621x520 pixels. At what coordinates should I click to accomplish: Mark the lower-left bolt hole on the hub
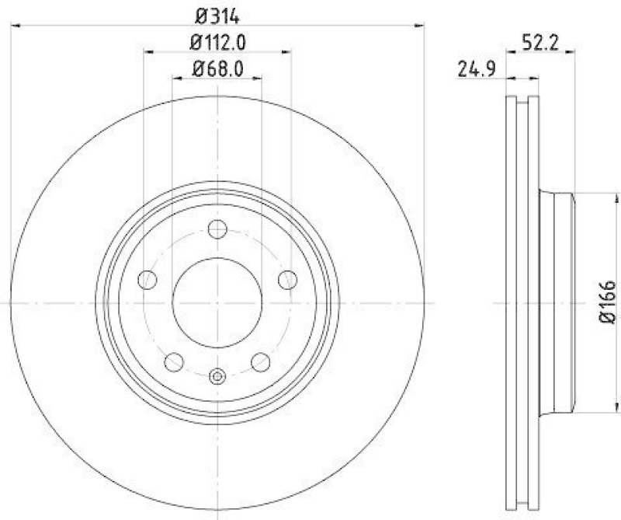174,361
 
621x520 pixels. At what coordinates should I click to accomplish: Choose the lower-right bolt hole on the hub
261,361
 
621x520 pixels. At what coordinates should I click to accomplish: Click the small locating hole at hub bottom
217,377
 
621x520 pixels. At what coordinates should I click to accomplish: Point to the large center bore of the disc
217,302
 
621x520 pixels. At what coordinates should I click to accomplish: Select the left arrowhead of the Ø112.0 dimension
148,52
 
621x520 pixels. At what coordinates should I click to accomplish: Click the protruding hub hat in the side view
557,302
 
